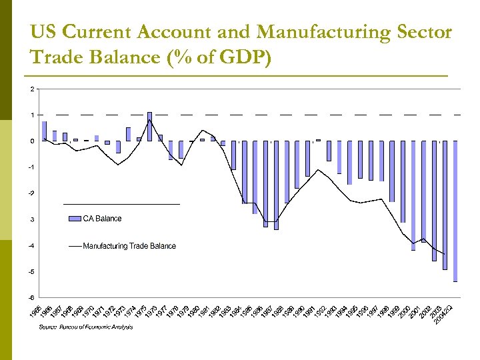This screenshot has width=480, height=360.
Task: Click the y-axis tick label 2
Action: coord(31,89)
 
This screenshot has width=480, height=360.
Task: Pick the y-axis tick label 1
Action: coord(31,115)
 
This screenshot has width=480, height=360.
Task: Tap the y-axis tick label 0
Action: coord(31,141)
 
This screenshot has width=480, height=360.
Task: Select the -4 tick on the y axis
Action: coord(31,246)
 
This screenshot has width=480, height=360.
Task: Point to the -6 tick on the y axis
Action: coord(31,298)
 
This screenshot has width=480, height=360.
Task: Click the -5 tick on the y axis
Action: coord(31,272)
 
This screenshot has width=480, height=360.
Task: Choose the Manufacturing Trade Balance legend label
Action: coord(129,246)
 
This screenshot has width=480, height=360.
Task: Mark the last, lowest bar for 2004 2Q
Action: coord(455,211)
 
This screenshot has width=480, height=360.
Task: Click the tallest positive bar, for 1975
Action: coord(150,126)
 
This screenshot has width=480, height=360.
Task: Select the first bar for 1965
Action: coord(44,131)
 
